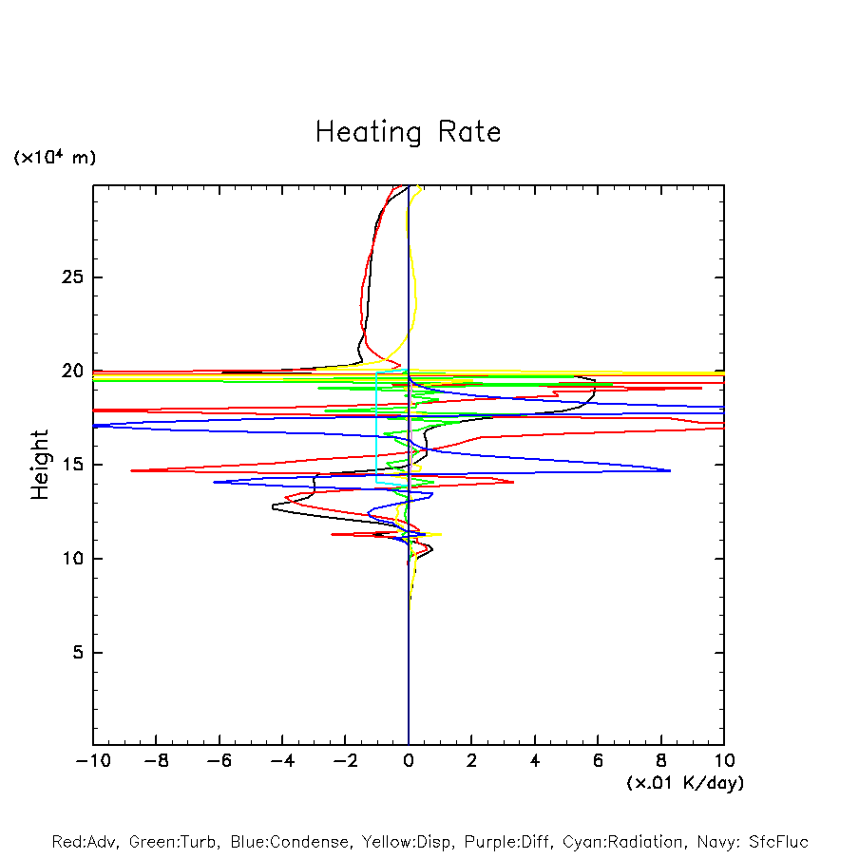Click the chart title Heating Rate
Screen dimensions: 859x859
tap(408, 132)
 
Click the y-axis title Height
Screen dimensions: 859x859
tap(40, 465)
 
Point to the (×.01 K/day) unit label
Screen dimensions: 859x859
tap(684, 783)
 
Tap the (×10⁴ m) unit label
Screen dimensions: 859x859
tap(54, 158)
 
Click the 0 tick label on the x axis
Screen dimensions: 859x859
tap(409, 761)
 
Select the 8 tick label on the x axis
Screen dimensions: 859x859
tap(661, 761)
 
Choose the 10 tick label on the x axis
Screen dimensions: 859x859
tap(724, 761)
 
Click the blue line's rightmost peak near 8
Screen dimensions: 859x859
tap(670, 470)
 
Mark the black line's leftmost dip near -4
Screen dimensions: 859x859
tap(273, 507)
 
